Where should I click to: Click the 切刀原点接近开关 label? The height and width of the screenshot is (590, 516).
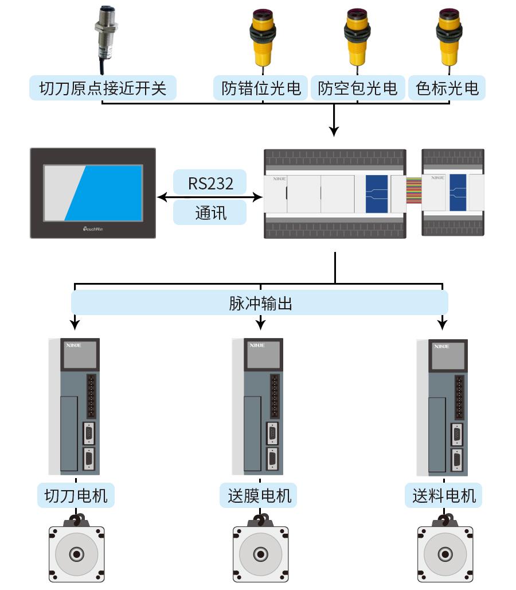(103, 88)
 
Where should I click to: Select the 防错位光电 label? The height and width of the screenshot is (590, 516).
(261, 88)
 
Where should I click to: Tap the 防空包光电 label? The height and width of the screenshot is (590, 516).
(358, 88)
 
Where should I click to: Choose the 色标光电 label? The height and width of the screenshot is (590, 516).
(447, 88)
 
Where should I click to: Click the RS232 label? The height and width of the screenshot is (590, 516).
(210, 183)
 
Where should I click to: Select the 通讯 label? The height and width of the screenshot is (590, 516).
(210, 212)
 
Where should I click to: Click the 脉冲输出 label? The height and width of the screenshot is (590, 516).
(260, 302)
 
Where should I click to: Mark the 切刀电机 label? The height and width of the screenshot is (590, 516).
(76, 495)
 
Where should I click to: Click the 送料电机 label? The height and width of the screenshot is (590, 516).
(444, 495)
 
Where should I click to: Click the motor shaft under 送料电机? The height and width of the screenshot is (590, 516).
(445, 554)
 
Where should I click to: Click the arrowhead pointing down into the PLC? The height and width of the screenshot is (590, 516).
(334, 131)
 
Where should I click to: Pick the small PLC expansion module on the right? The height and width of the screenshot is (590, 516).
(453, 193)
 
